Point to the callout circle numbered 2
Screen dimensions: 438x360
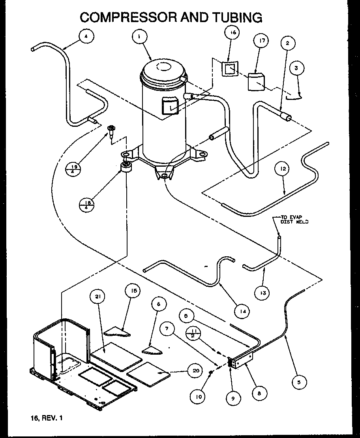(x=288, y=43)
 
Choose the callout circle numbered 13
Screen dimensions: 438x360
(x=262, y=293)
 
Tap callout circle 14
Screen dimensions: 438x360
(x=242, y=312)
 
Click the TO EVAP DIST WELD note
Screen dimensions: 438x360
(x=294, y=220)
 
